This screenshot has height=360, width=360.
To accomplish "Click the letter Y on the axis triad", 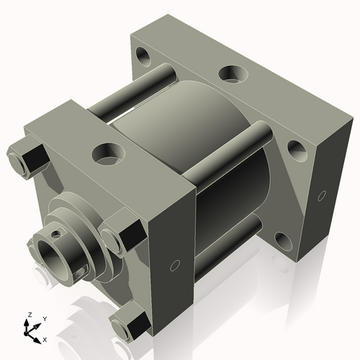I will [x=44, y=318].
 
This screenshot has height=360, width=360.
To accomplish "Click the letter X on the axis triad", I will [x=45, y=338].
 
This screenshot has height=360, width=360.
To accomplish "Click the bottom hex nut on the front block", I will [x=127, y=323].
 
